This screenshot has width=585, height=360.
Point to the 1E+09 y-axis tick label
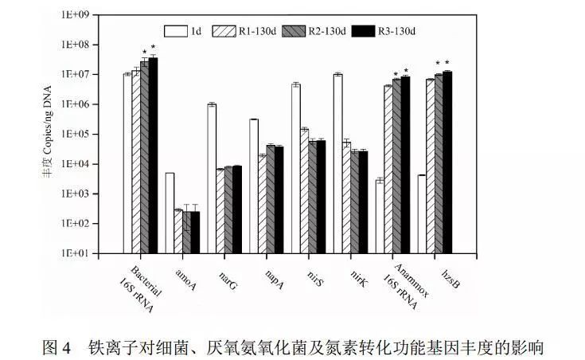[89, 14]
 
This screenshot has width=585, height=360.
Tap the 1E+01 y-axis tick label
[89, 254]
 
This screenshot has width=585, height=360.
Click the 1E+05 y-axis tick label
[89, 135]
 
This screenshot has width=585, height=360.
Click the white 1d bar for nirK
[337, 163]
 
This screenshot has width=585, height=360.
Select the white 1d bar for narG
[212, 178]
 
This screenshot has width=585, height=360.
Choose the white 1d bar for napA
[254, 186]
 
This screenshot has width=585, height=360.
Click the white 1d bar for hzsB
[422, 214]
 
